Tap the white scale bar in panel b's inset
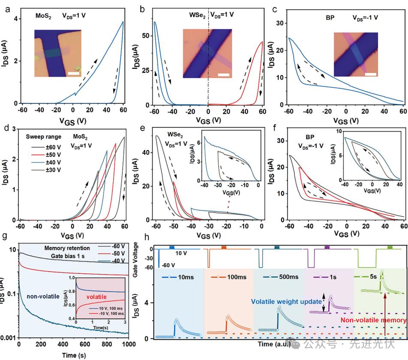click(x=223, y=75)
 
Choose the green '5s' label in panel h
click(x=381, y=278)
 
